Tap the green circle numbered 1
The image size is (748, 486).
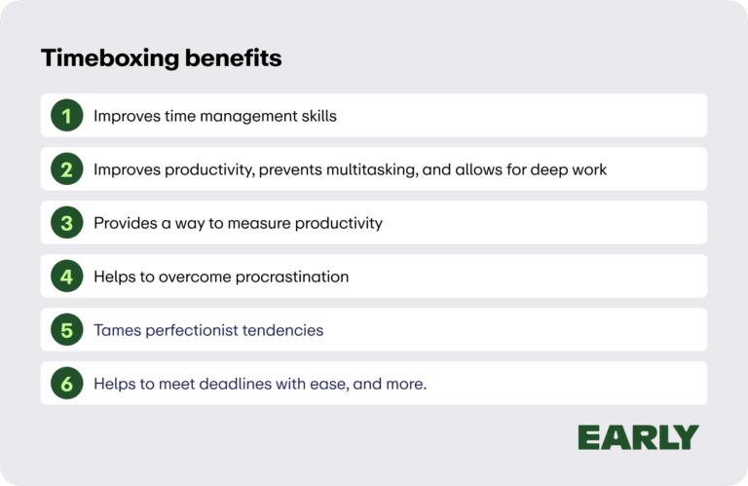coord(66,116)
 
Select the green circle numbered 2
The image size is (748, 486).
coord(66,169)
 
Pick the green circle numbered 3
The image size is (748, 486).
coord(66,223)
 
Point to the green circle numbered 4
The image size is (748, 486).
coord(66,277)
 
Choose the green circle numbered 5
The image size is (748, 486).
coord(66,330)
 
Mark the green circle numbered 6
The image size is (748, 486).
coord(66,384)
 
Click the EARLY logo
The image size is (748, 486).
coord(638,437)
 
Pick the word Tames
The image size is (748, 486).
coord(116,330)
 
